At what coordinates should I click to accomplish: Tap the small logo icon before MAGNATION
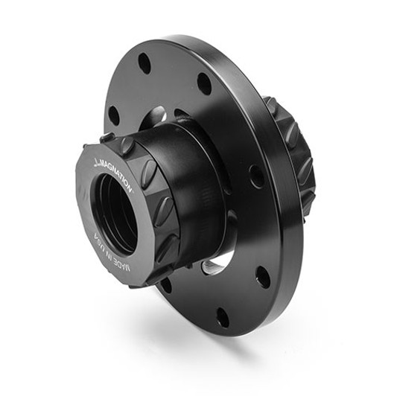[x=96, y=160]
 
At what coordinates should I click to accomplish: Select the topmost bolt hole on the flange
[x=144, y=63]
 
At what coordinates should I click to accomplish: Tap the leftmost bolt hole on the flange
[x=114, y=115]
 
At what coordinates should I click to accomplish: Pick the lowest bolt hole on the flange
[x=223, y=316]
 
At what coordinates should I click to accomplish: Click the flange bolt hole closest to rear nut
[x=256, y=176]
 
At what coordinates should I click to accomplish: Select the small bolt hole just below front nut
[x=165, y=284]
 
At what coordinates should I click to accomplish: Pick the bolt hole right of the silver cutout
[x=263, y=277]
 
